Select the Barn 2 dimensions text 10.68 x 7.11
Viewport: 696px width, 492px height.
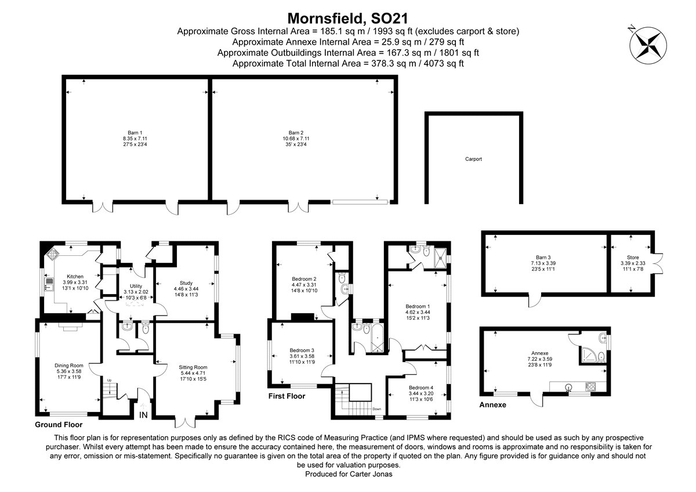(x=296, y=139)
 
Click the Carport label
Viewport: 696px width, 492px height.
(x=473, y=159)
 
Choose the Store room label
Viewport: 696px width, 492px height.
(x=632, y=257)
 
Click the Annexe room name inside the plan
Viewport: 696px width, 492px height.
(x=539, y=353)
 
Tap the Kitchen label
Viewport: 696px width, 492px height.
(x=75, y=276)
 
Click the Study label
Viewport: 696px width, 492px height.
(x=186, y=282)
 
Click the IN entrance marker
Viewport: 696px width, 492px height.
(x=143, y=415)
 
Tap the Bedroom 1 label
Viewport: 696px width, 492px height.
(x=418, y=306)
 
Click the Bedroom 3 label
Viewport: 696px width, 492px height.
(x=302, y=350)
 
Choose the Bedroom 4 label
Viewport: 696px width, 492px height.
(x=420, y=388)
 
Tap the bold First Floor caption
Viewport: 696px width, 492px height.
(x=287, y=396)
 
